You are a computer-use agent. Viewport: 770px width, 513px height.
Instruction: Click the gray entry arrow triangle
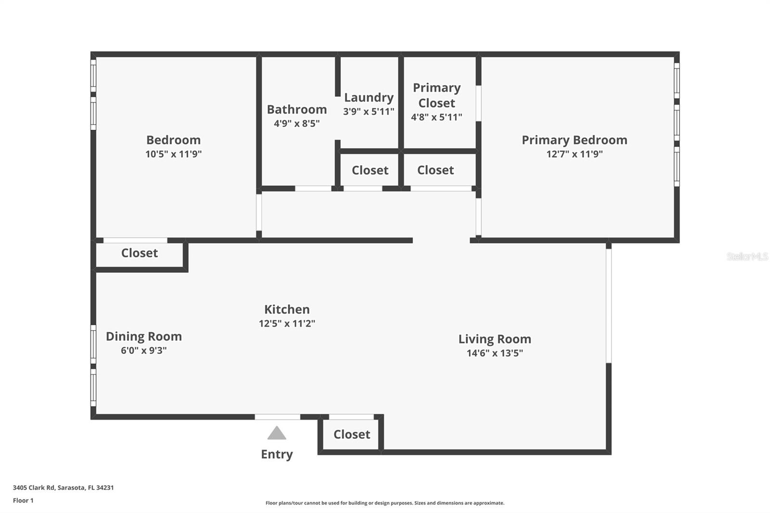(277, 434)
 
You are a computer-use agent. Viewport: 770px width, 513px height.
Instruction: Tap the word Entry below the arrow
(277, 454)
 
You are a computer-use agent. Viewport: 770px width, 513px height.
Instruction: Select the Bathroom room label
(297, 110)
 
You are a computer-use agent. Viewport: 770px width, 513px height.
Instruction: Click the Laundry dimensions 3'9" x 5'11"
(369, 112)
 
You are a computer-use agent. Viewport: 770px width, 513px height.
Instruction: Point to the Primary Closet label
(436, 95)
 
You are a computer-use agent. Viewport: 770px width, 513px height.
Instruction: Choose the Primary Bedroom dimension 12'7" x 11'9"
(574, 154)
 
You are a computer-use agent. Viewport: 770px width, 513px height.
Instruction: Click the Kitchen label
(287, 309)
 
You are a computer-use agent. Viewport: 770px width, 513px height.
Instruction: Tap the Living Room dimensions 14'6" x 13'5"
(495, 353)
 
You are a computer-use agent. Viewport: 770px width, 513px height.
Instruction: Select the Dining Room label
(144, 336)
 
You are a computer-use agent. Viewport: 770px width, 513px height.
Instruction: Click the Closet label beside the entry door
(352, 435)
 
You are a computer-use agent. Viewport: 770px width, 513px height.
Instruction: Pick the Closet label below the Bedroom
(140, 253)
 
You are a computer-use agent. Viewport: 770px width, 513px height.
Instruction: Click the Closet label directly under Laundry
(370, 170)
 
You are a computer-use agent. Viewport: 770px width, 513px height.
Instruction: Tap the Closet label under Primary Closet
(436, 170)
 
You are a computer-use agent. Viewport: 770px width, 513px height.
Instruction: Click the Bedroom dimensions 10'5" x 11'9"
(173, 154)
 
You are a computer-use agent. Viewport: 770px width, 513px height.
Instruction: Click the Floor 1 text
(23, 500)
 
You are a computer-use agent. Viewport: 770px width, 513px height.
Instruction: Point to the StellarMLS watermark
(747, 256)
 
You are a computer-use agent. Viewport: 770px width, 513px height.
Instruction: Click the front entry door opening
(278, 417)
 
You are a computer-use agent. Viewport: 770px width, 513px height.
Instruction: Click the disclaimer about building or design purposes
(385, 503)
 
